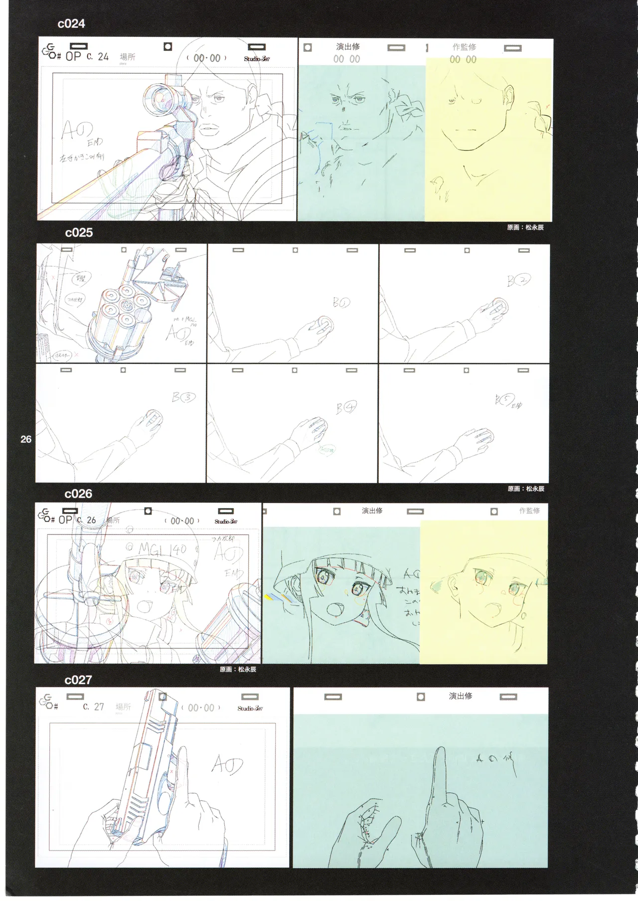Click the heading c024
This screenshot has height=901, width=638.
[x=71, y=23]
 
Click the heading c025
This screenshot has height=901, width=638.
[x=79, y=232]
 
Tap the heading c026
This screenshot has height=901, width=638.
[x=79, y=494]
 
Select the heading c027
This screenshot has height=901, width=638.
[x=78, y=680]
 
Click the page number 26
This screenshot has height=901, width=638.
[x=26, y=439]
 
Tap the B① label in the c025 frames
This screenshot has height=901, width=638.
[x=341, y=303]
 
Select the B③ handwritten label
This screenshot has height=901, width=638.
[x=183, y=397]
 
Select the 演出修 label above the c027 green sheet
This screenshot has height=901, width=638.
[x=460, y=696]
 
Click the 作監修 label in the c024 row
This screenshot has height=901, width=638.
[x=464, y=47]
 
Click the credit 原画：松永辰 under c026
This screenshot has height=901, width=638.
[x=238, y=669]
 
